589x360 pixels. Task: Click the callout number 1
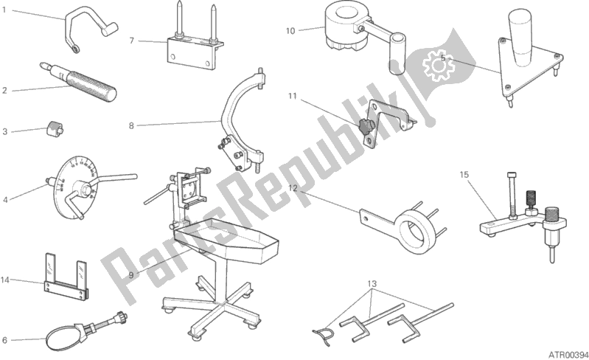4,10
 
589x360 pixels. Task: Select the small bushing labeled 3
55,130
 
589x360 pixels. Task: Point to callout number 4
5,200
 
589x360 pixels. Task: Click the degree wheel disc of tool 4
75,188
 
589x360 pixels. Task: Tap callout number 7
131,41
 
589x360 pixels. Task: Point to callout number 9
130,275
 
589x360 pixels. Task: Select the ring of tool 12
417,230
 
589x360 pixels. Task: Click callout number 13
372,284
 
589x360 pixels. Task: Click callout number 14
5,280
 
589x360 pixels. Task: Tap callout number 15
464,175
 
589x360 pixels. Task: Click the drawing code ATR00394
567,354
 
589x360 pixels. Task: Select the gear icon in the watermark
438,66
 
